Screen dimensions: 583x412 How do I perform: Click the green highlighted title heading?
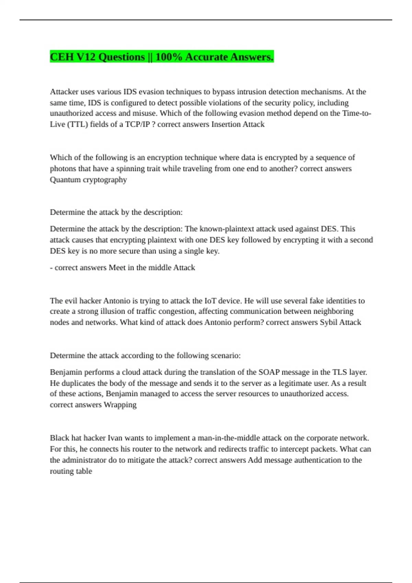pyautogui.click(x=162, y=57)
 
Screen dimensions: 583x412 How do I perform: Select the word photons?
pyautogui.click(x=62, y=169)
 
